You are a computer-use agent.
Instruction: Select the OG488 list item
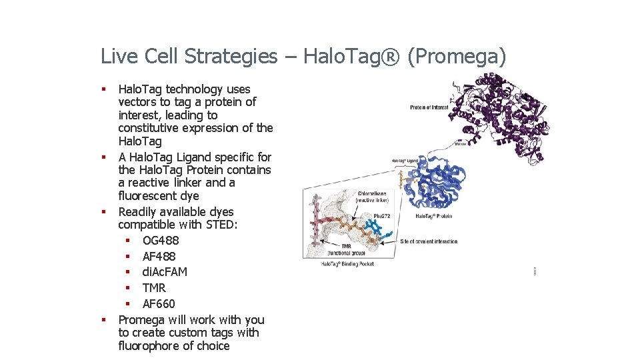pos(161,241)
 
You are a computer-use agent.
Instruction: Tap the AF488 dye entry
pos(159,257)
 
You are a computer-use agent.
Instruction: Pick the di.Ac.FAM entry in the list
pos(165,272)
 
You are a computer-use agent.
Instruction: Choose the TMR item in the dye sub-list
pos(154,288)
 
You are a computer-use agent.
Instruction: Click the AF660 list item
pos(159,304)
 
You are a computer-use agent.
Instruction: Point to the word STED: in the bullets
pos(221,225)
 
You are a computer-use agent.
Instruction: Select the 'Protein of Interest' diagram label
pos(428,107)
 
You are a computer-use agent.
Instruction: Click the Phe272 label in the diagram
pos(381,216)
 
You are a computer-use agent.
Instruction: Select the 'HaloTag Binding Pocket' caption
pos(347,264)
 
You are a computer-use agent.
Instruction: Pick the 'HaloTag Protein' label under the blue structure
pos(433,216)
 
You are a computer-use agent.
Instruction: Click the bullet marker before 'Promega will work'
pos(104,320)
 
